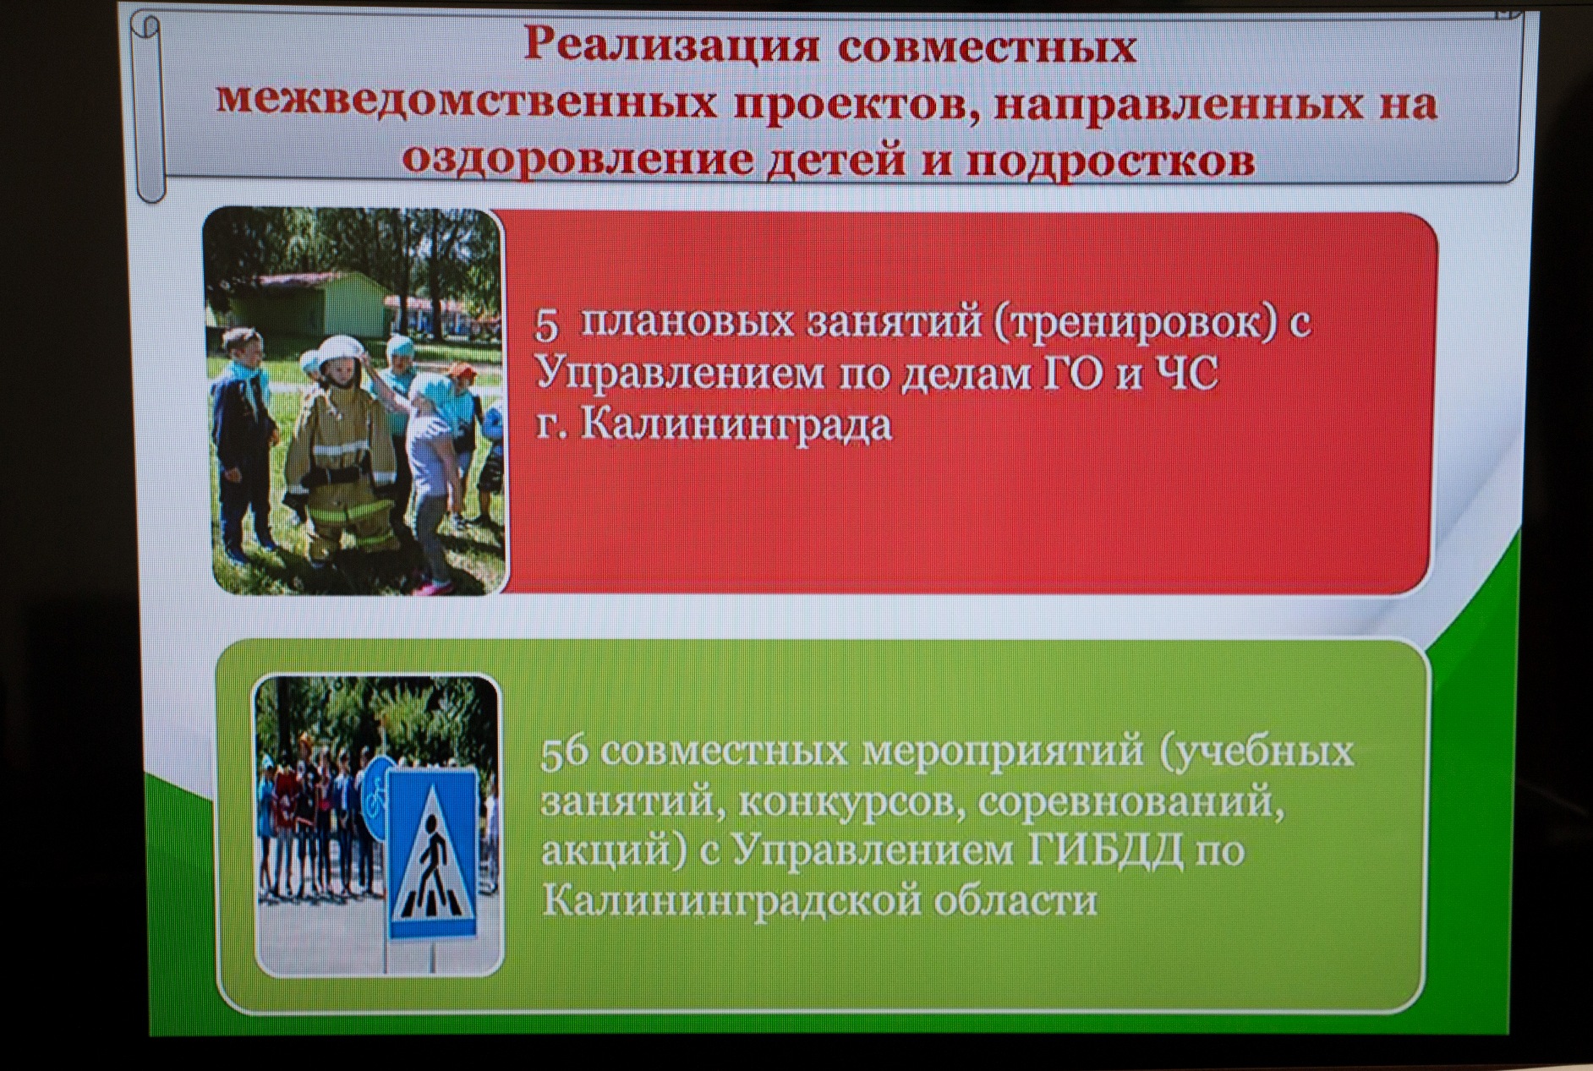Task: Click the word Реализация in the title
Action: coord(671,46)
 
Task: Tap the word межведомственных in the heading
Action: coord(466,102)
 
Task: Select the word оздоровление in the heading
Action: coord(578,159)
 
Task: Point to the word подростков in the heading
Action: coord(1110,161)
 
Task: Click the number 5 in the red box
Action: coord(547,325)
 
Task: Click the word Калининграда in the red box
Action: coord(736,423)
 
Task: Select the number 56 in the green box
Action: coord(564,752)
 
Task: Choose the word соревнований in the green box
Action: coord(1130,801)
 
